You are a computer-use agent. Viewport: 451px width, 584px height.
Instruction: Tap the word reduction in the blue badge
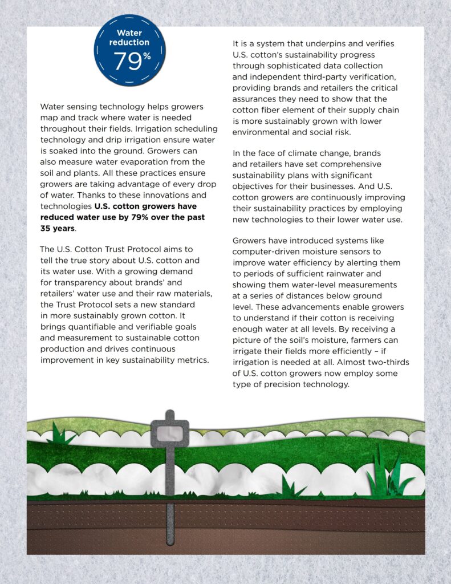[x=129, y=42]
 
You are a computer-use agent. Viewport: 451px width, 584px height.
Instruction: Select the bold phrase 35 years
[x=57, y=228]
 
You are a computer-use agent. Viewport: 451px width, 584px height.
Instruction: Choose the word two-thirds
[x=387, y=362]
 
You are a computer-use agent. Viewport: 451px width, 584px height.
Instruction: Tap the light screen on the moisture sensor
[x=169, y=434]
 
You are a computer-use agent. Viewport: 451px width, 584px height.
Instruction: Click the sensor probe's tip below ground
[x=170, y=541]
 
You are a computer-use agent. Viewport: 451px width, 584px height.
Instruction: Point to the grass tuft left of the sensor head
[x=59, y=435]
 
